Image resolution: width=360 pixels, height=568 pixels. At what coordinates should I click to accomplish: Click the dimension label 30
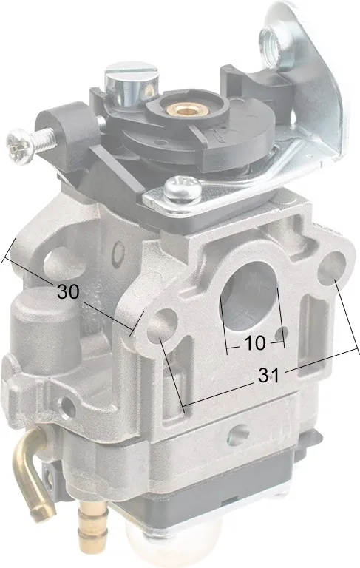click(68, 291)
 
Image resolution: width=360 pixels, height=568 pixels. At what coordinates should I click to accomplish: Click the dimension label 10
click(255, 342)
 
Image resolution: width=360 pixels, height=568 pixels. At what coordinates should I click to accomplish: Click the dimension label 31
click(269, 375)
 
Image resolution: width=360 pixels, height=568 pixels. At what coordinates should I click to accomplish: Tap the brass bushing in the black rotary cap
click(181, 109)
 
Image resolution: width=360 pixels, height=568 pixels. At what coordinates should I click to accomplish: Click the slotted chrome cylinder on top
click(132, 83)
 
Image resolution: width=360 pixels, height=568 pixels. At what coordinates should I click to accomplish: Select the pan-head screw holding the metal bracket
click(183, 189)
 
